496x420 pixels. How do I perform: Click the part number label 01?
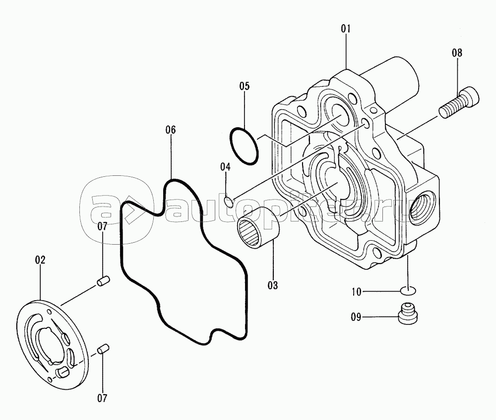[346, 29]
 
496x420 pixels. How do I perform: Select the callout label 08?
[457, 53]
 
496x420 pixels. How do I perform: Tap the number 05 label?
[244, 86]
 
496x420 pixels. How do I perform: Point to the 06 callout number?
[170, 130]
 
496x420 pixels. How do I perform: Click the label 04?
[226, 167]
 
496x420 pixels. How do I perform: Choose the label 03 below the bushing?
[273, 285]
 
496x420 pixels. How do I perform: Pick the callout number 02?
[40, 260]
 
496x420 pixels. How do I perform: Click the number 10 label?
[357, 292]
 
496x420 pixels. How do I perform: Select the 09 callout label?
[356, 317]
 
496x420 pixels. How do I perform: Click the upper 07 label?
[102, 226]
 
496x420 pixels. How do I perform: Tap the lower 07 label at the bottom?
[102, 399]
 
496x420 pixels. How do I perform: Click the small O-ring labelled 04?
[228, 203]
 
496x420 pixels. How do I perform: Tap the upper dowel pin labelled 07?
[104, 281]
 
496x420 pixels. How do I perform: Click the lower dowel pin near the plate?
[103, 349]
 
